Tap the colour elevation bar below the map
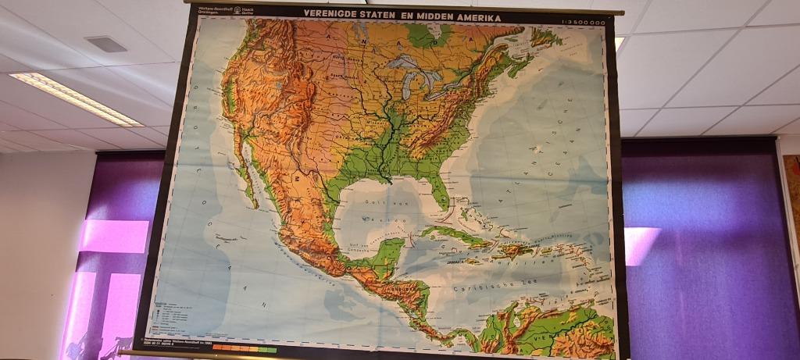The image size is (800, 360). point(244,348)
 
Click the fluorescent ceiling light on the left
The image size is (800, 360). point(75,98)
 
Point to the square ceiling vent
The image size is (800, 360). point(106,44)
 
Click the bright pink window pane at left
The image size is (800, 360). point(115,236)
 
